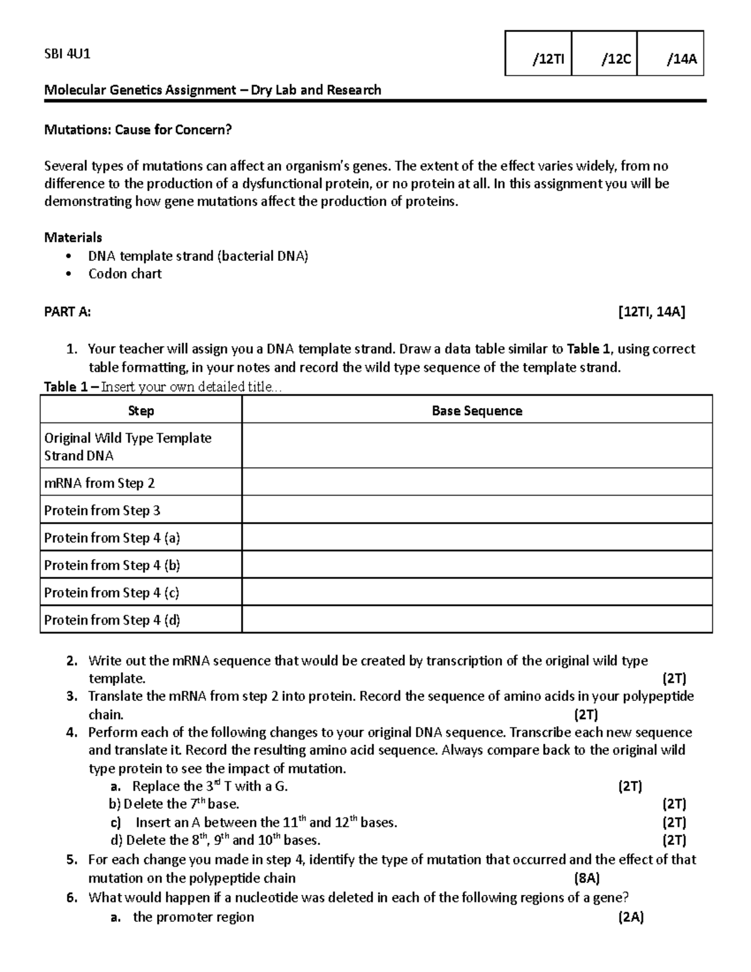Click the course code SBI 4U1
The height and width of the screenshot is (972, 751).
coord(67,53)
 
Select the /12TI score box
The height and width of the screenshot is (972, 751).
coord(538,53)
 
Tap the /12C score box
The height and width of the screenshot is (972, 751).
coord(605,53)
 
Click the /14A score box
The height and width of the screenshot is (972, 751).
coord(670,53)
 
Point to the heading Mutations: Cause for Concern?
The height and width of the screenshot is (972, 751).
coord(138,130)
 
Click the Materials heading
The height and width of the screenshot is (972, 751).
coord(73,237)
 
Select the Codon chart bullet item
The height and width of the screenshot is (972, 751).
coord(125,274)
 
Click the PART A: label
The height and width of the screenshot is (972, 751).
coord(67,312)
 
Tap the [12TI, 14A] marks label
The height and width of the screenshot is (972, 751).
coord(651,312)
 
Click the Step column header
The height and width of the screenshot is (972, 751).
coord(141,411)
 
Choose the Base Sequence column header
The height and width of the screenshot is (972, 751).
coord(477,411)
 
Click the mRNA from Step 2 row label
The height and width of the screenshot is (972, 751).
coord(100,483)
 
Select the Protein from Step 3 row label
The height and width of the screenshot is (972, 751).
coord(102,510)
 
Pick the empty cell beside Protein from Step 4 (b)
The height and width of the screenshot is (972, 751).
coord(477,565)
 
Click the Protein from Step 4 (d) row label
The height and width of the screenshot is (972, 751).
coord(112,620)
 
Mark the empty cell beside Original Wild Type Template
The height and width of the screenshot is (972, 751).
coord(477,446)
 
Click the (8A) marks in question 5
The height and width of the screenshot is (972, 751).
coord(586,878)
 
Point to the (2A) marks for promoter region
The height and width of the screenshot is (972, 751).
coord(630,918)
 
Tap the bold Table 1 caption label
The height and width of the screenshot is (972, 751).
coord(66,387)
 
